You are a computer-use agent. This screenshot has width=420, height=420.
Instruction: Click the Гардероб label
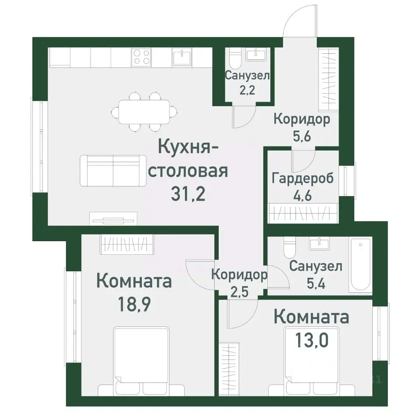click(x=302, y=178)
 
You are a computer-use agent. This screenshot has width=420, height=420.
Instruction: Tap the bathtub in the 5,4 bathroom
click(x=360, y=266)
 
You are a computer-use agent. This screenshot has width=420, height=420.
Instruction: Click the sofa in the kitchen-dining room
click(x=113, y=170)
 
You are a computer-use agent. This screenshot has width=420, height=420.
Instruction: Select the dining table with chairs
click(x=144, y=112)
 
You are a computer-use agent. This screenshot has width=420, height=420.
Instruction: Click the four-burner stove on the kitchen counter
click(x=142, y=57)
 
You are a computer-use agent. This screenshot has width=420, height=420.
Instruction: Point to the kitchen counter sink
click(x=183, y=56)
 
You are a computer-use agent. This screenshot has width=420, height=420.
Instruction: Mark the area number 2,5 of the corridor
click(x=238, y=291)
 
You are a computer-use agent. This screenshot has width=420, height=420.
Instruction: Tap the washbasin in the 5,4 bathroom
click(x=321, y=243)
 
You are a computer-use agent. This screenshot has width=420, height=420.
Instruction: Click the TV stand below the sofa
click(x=113, y=218)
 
